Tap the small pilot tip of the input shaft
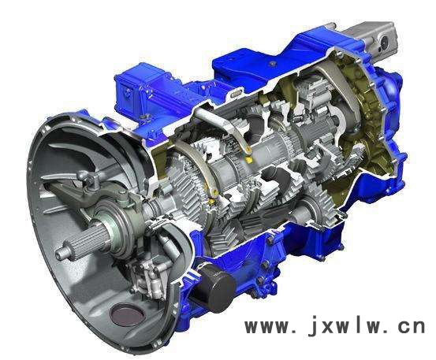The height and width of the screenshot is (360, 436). click(62, 252)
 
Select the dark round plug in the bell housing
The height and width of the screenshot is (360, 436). click(127, 314)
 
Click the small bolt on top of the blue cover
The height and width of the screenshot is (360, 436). click(273, 64)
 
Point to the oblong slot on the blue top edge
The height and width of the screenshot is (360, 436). click(236, 94)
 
